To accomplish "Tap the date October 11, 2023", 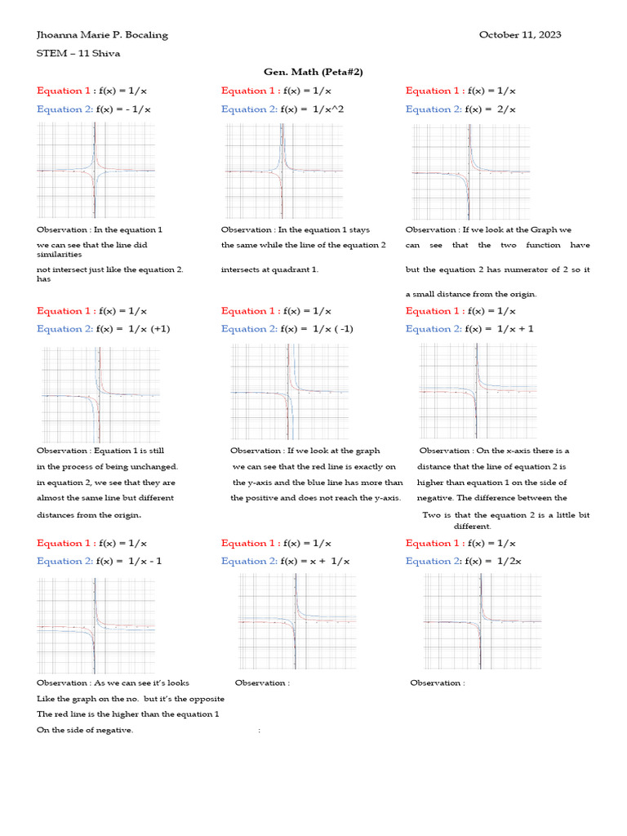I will point(519,34).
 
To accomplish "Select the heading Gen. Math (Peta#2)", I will point(313,72).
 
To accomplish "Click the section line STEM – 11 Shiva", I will point(78,53).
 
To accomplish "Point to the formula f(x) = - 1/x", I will point(123,109).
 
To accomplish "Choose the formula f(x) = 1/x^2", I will point(306,109).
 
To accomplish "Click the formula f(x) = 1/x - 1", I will point(129,561).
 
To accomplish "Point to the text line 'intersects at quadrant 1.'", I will point(269,269).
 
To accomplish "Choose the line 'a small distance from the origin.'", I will point(471,294).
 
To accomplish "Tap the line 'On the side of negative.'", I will point(85,730).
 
